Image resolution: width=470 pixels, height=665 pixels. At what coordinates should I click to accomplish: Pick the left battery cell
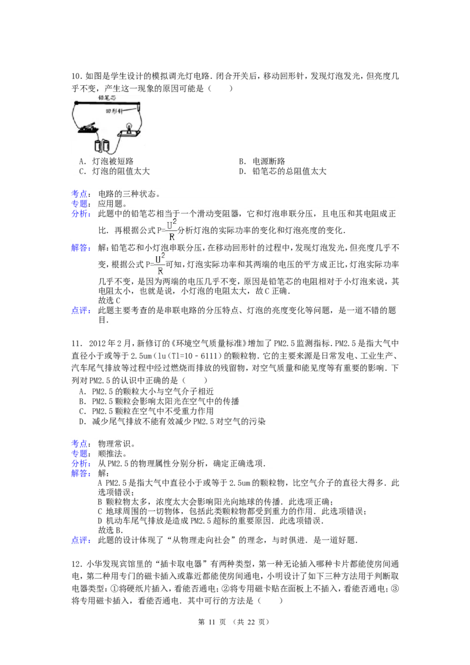[x=98, y=145]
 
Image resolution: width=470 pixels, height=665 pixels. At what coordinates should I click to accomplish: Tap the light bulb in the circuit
[x=127, y=127]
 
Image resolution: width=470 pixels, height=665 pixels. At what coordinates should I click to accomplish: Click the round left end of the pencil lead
[x=76, y=103]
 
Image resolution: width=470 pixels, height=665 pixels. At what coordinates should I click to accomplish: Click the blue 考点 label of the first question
[x=79, y=193]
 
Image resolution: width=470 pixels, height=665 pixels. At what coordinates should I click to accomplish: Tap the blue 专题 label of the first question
[x=79, y=203]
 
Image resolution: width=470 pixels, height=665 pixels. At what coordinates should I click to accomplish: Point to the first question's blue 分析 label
[x=79, y=215]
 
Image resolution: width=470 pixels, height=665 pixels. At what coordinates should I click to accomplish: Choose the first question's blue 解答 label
[x=79, y=248]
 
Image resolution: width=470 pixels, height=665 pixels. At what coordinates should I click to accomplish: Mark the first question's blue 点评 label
[x=79, y=310]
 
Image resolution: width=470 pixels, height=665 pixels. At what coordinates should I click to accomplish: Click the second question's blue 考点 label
[x=79, y=444]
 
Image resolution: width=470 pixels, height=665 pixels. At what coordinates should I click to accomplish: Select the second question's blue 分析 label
[x=79, y=464]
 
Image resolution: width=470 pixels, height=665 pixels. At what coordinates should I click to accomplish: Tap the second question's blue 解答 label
[x=79, y=473]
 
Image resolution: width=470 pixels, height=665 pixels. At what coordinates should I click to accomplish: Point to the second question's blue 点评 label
[x=79, y=540]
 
